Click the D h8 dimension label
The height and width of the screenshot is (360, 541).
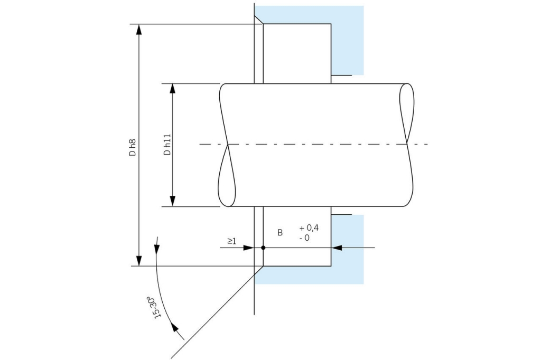pyautogui.click(x=132, y=147)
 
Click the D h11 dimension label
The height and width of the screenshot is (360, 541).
pyautogui.click(x=167, y=145)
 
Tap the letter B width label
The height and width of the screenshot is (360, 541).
pyautogui.click(x=280, y=232)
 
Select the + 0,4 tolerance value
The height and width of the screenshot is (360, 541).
pyautogui.click(x=309, y=228)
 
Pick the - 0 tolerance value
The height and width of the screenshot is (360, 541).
pyautogui.click(x=304, y=238)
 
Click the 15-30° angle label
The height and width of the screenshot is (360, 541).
pyautogui.click(x=154, y=307)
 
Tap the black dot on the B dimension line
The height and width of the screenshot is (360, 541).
pyautogui.click(x=263, y=247)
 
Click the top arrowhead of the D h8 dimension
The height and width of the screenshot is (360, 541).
pyautogui.click(x=139, y=29)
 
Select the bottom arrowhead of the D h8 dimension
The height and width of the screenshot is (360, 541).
pyautogui.click(x=139, y=261)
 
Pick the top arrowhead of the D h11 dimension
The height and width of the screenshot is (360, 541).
pyautogui.click(x=173, y=89)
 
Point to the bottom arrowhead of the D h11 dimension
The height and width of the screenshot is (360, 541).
pyautogui.click(x=173, y=201)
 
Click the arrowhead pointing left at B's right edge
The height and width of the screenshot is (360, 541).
pyautogui.click(x=337, y=247)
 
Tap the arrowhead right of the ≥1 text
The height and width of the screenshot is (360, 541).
pyautogui.click(x=250, y=247)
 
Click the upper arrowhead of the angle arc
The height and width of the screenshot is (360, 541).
pyautogui.click(x=156, y=244)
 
